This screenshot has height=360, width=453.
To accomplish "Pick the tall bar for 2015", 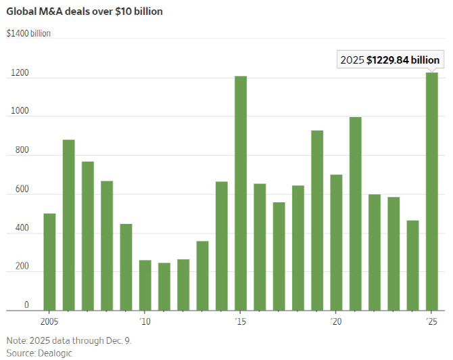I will click(241, 193).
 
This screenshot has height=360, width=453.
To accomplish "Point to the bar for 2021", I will click(355, 214).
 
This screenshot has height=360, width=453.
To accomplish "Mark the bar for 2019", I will click(317, 221).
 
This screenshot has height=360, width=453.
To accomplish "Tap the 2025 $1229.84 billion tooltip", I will click(390, 60).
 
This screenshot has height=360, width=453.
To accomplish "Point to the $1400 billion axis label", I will click(28, 32).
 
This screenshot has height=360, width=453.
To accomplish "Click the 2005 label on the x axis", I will click(49, 320).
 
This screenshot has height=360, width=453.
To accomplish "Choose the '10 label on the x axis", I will click(144, 320).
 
